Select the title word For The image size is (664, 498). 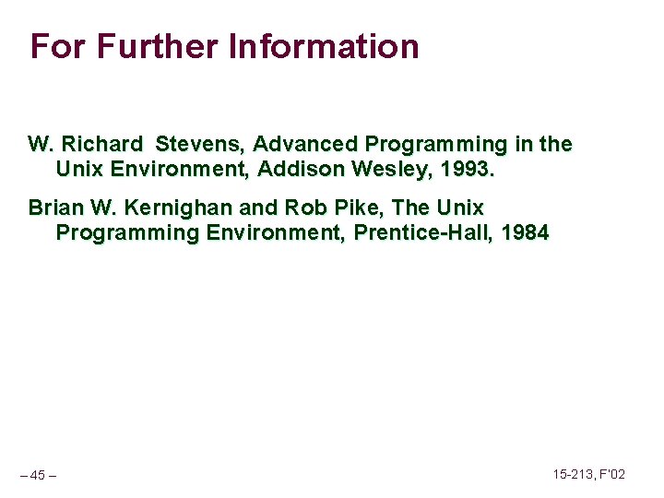(58, 45)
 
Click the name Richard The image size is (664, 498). (102, 145)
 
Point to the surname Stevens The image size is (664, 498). (201, 145)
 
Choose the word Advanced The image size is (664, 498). (306, 145)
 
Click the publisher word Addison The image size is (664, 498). (298, 169)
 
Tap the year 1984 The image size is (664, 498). (525, 231)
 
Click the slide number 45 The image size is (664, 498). (38, 475)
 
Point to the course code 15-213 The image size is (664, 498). (573, 474)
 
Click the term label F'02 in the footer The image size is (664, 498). (613, 474)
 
